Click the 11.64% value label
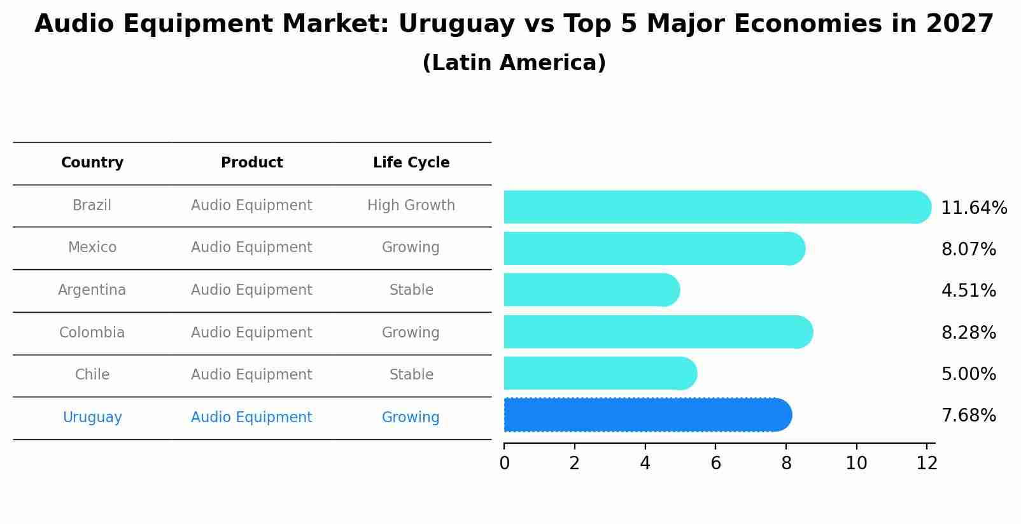click(x=973, y=208)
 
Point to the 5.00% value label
click(x=968, y=374)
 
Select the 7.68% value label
click(x=968, y=416)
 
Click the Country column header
click(x=92, y=163)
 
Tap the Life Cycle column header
click(x=411, y=163)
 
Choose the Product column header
click(x=251, y=163)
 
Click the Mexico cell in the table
click(x=92, y=248)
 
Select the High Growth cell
click(x=411, y=206)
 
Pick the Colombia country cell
click(x=92, y=333)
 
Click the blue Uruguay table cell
click(x=92, y=418)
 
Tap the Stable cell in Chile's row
click(x=411, y=375)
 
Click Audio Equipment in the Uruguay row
click(x=251, y=418)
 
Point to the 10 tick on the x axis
click(x=856, y=464)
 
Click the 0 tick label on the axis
click(x=504, y=464)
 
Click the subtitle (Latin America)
click(x=514, y=63)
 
